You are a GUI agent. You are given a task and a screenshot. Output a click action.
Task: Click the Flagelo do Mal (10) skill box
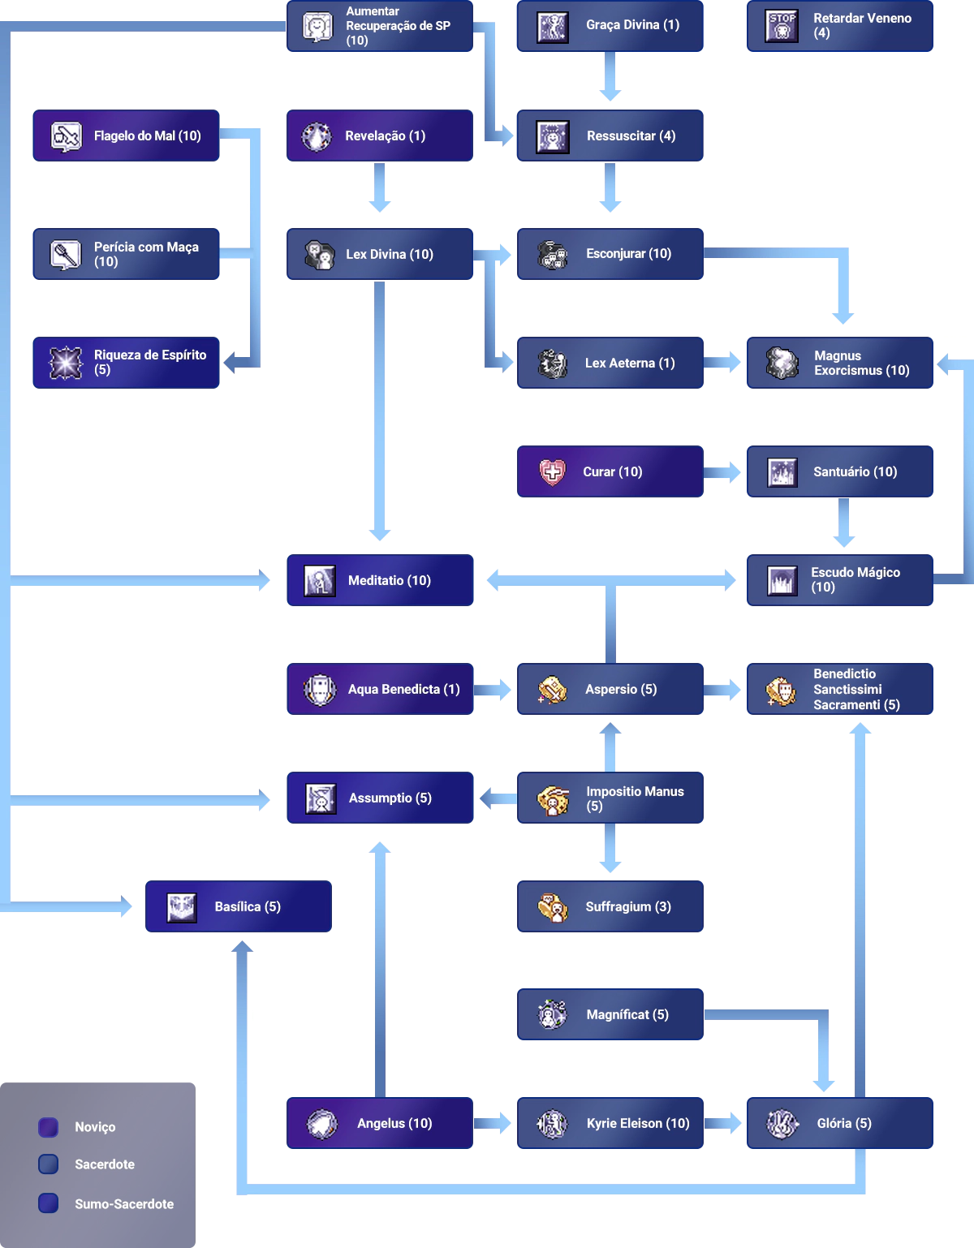127,134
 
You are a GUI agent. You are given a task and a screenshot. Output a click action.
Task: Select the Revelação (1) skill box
380,134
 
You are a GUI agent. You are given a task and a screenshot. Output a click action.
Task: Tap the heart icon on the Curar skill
552,471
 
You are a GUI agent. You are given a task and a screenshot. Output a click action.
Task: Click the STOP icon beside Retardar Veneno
782,26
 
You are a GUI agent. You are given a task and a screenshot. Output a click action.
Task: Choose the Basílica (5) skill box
239,906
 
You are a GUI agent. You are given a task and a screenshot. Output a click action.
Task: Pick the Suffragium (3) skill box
610,906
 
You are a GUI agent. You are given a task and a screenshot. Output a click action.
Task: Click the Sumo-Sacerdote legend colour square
49,1203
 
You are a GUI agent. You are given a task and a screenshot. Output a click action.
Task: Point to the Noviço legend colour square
49,1127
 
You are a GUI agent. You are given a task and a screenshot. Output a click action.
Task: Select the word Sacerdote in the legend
105,1164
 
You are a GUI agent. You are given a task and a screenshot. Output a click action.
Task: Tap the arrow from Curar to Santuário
725,471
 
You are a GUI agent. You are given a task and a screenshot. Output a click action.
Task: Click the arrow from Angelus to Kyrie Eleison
493,1123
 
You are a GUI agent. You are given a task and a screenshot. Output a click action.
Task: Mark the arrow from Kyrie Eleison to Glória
725,1123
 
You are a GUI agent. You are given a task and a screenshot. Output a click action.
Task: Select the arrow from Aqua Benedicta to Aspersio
493,690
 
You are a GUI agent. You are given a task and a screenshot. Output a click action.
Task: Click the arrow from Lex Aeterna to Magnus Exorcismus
725,362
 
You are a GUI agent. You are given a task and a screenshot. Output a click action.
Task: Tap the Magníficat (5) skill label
627,1014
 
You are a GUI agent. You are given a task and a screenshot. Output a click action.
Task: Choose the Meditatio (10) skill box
380,580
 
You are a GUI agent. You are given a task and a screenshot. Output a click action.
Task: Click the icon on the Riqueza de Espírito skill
66,362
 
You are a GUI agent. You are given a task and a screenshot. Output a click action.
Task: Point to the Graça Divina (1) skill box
610,25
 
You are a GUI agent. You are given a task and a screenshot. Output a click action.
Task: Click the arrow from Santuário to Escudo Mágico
844,524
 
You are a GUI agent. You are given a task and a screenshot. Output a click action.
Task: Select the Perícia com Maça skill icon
66,255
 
